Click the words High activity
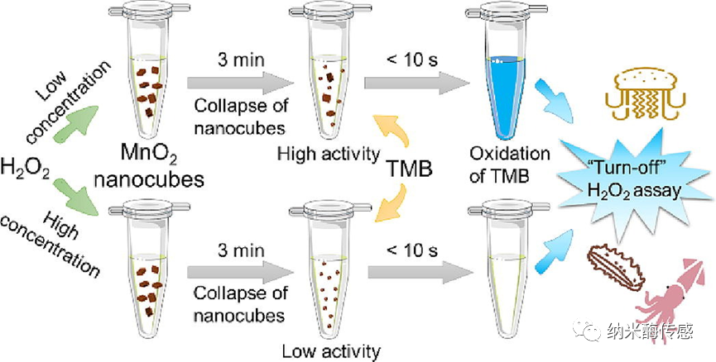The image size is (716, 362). pos(329,153)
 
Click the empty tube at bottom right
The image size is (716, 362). pos(502,273)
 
